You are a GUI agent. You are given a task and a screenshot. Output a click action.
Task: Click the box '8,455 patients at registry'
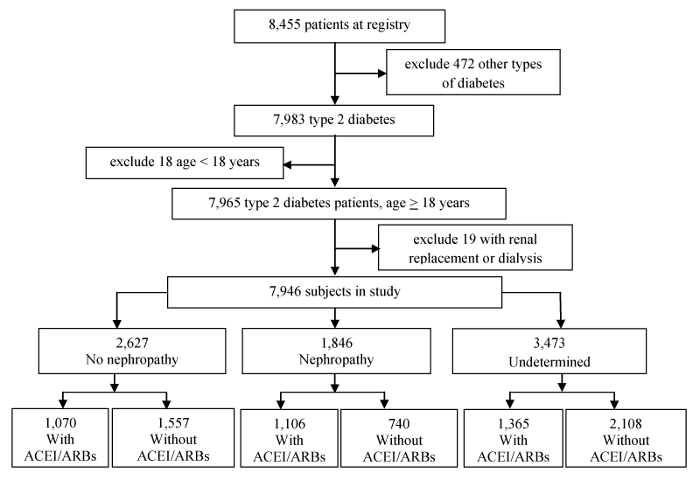point(339,26)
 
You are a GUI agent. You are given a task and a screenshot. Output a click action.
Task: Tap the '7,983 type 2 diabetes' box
point(334,121)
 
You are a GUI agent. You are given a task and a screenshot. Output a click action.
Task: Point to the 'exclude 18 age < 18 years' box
point(185,163)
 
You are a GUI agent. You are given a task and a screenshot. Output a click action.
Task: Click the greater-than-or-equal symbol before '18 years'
point(414,205)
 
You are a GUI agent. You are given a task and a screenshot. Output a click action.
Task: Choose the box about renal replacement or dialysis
point(475,247)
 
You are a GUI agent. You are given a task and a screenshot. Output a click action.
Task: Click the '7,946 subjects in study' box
point(334,292)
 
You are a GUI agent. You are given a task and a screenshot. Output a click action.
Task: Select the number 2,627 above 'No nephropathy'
point(132,343)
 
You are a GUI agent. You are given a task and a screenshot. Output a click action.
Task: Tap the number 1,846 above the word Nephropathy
point(337,343)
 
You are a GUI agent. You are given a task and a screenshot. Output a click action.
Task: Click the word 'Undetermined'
point(549,361)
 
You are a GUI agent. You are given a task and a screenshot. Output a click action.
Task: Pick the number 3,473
point(549,343)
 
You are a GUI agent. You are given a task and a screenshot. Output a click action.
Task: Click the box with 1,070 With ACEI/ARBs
point(60,438)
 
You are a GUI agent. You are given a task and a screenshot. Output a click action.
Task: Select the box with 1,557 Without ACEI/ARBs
point(173,438)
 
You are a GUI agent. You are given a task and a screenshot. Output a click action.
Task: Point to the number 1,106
point(290,423)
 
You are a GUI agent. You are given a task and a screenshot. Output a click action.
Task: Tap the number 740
point(399,423)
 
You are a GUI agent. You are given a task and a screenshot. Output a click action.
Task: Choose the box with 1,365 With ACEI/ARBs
point(514,438)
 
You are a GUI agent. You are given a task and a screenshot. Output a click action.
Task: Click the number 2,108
point(626,423)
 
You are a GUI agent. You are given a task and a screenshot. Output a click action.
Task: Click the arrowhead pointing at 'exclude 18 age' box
point(288,165)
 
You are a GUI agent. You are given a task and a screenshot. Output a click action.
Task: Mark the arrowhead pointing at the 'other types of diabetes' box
point(382,73)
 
